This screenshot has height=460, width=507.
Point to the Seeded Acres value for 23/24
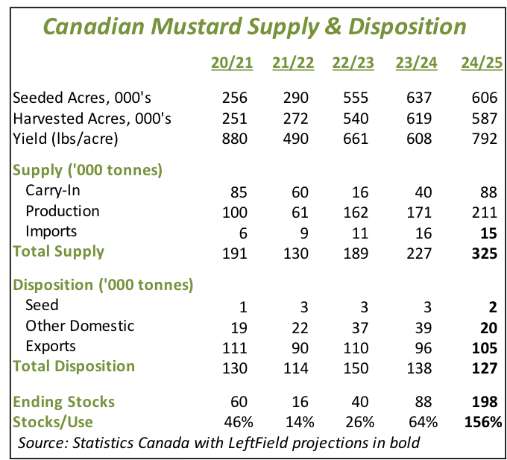tap(418, 98)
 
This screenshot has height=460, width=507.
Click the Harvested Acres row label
tap(93, 118)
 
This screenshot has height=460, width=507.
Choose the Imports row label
tap(51, 231)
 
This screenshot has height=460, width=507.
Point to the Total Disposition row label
tap(75, 366)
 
